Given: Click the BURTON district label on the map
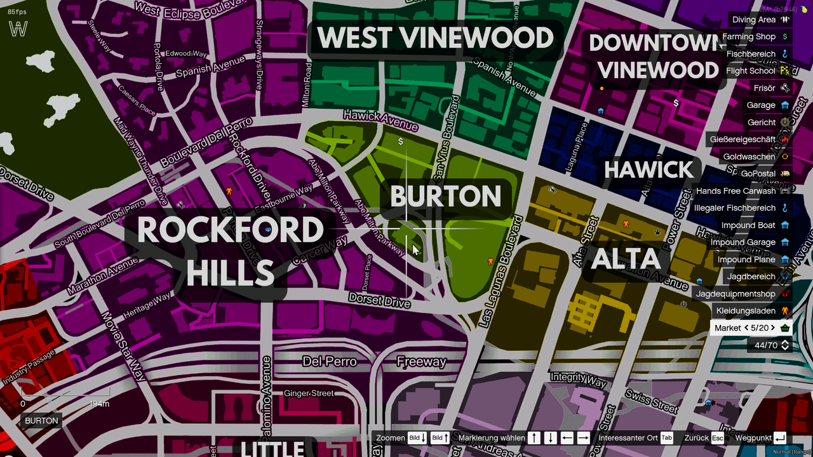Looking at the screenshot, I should pos(445,196).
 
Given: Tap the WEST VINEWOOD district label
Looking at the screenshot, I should pos(435,39).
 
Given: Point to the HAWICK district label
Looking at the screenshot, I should pos(648,170).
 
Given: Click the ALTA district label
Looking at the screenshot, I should pos(626,259).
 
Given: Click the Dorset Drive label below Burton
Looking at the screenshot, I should pos(379,300).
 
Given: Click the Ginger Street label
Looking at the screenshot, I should pos(309,394).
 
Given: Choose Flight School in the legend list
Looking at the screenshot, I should pos(751,71).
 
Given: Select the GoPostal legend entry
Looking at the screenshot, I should pos(758,174).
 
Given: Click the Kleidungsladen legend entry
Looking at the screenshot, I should pos(746,311).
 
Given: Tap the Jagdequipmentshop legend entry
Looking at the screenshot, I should pos(736,294).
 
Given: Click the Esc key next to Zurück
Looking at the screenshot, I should pos(717,438).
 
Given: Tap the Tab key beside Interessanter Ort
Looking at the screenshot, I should pos(666,438).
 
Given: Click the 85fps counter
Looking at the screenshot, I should pos(18,11).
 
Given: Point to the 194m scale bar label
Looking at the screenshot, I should pos(100,404).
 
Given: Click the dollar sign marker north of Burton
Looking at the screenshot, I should pos(401,142).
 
